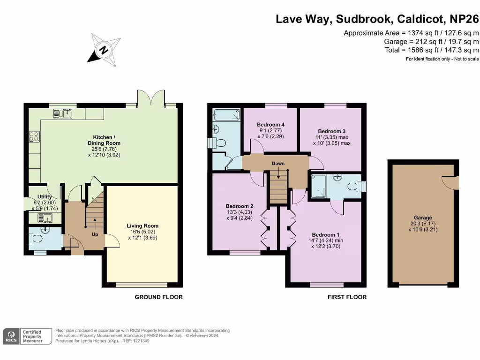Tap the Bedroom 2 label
click(x=240, y=206)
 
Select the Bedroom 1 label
click(x=324, y=235)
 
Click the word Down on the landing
click(x=278, y=164)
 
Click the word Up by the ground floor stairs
click(x=95, y=234)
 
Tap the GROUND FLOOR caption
click(x=158, y=297)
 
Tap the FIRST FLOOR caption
click(x=347, y=297)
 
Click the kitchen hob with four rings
click(x=34, y=136)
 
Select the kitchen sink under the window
click(x=62, y=113)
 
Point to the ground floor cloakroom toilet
click(x=36, y=239)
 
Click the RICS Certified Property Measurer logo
click(x=24, y=336)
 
